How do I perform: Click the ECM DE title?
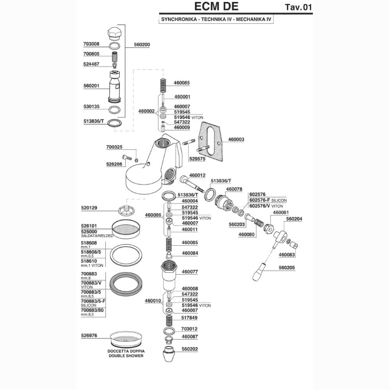click(216, 7)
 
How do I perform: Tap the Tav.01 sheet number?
click(298, 7)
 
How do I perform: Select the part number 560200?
click(142, 45)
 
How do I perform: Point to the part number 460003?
click(236, 139)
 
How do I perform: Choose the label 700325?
click(114, 147)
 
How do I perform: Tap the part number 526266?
click(114, 164)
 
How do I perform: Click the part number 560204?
click(294, 219)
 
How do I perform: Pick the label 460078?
click(234, 189)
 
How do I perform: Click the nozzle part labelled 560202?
click(168, 354)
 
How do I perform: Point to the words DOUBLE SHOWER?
click(126, 356)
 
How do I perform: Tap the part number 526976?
click(89, 335)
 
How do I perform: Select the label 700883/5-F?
click(93, 301)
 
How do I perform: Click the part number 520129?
click(89, 208)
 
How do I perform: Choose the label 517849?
click(189, 317)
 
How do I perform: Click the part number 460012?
click(197, 175)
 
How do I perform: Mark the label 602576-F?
click(260, 200)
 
